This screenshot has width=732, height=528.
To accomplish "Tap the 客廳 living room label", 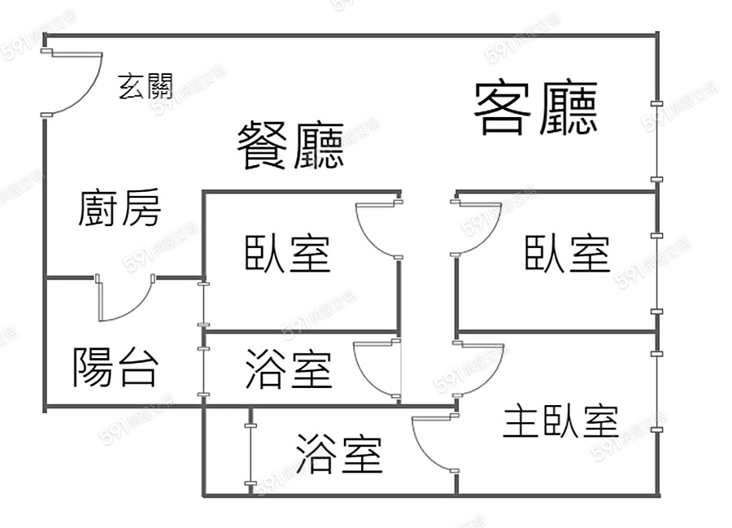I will (537, 108).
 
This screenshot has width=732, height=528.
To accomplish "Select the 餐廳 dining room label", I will (290, 145).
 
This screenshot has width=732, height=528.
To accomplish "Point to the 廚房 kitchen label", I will (120, 208).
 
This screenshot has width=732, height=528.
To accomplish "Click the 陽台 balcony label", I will (115, 367).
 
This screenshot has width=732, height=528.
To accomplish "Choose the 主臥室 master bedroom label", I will (560, 421).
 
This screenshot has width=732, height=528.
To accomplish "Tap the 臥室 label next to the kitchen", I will (288, 253).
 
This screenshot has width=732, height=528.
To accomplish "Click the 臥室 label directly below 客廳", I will (567, 253).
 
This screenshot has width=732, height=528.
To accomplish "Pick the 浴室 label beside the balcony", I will (289, 369).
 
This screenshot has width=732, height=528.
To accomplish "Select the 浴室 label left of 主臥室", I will (339, 453).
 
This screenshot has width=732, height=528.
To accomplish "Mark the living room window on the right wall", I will (656, 142).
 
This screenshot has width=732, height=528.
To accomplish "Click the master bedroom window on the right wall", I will (656, 391).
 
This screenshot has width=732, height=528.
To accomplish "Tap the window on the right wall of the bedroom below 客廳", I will (656, 273).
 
